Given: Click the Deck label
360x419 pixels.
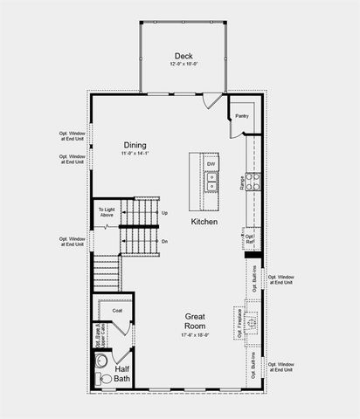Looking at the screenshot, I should (x=183, y=55).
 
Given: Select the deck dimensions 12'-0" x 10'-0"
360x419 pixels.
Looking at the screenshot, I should (x=183, y=65).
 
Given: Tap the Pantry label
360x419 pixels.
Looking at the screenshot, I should (x=241, y=115).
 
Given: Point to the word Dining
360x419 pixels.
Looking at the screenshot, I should (x=135, y=145).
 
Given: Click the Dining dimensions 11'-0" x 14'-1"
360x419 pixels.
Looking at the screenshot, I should (x=135, y=155).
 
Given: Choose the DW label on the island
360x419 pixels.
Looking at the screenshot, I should (x=211, y=164).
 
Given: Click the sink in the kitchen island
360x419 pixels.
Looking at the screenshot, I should (x=211, y=181).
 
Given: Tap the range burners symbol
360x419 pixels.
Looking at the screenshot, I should (x=252, y=182).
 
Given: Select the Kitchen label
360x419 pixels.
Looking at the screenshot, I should (x=204, y=222).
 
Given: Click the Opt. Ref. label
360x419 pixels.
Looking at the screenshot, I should (x=249, y=237).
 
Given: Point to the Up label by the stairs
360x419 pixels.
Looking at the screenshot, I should (x=164, y=213).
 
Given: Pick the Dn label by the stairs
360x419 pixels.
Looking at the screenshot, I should (x=164, y=241).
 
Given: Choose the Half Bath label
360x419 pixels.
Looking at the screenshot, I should (x=121, y=374).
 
